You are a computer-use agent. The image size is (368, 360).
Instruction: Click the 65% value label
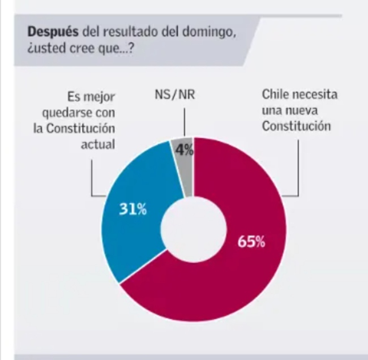pos(251,242)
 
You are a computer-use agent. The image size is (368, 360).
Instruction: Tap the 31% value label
pos(133,209)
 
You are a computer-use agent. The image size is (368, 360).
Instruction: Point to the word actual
pos(101,144)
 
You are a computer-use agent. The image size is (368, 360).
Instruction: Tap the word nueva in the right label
pos(302,111)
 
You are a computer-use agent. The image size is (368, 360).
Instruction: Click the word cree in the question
pos(82,49)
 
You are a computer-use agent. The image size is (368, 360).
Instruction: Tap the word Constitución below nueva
pos(296,127)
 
